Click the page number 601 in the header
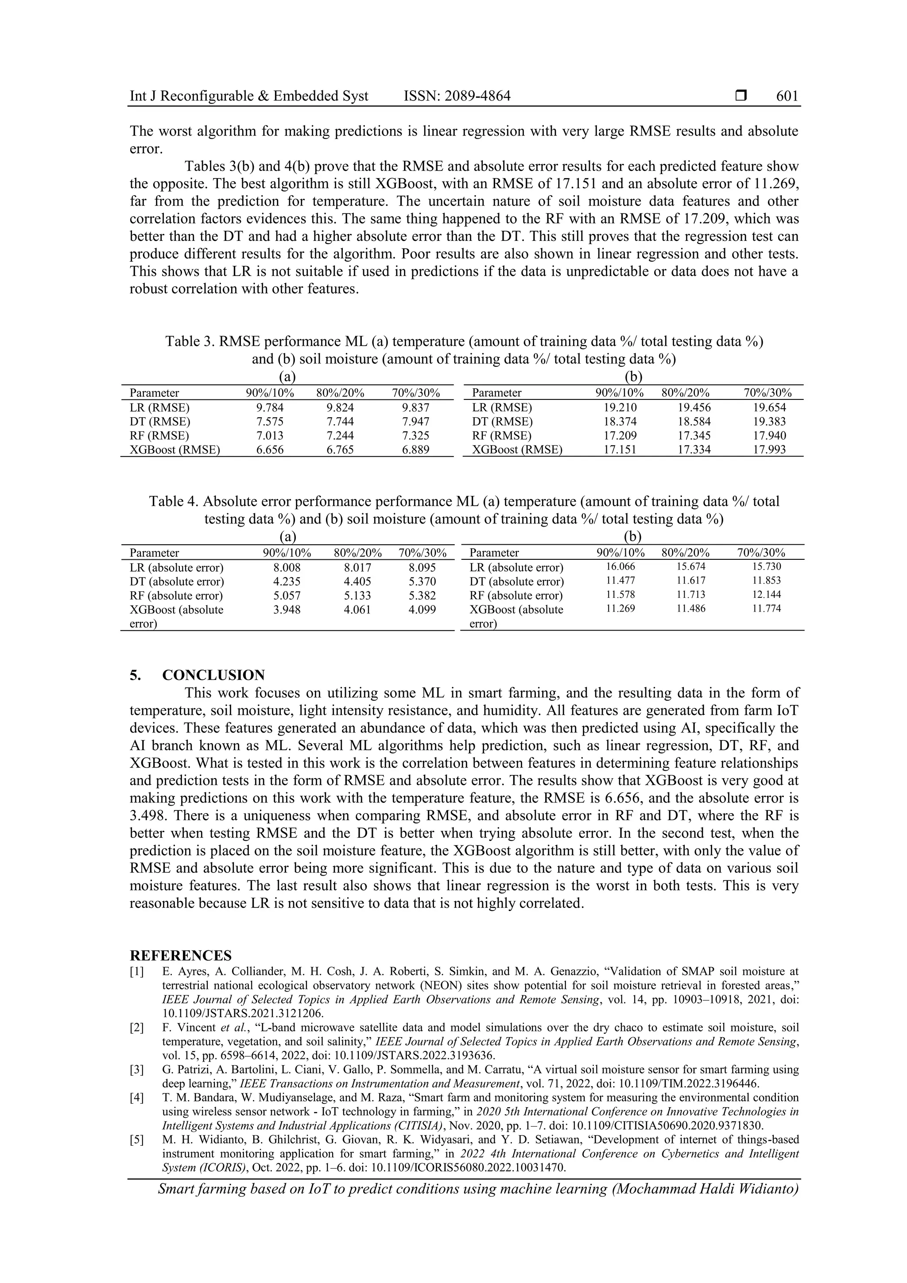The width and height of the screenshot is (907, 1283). point(787,96)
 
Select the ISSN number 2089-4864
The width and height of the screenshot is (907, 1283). point(478,96)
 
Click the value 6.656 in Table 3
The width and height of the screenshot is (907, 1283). point(270,450)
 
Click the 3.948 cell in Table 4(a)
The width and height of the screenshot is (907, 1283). point(287,610)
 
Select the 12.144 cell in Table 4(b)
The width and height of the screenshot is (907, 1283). point(766,595)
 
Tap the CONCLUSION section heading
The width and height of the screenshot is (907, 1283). point(213,675)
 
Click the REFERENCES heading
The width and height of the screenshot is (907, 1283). point(181,955)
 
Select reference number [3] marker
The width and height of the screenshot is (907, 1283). point(137,1070)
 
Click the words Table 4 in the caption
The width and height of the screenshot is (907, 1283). point(174,501)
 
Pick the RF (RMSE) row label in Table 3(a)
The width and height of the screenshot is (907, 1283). point(159,435)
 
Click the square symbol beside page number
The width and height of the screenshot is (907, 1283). point(741,96)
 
